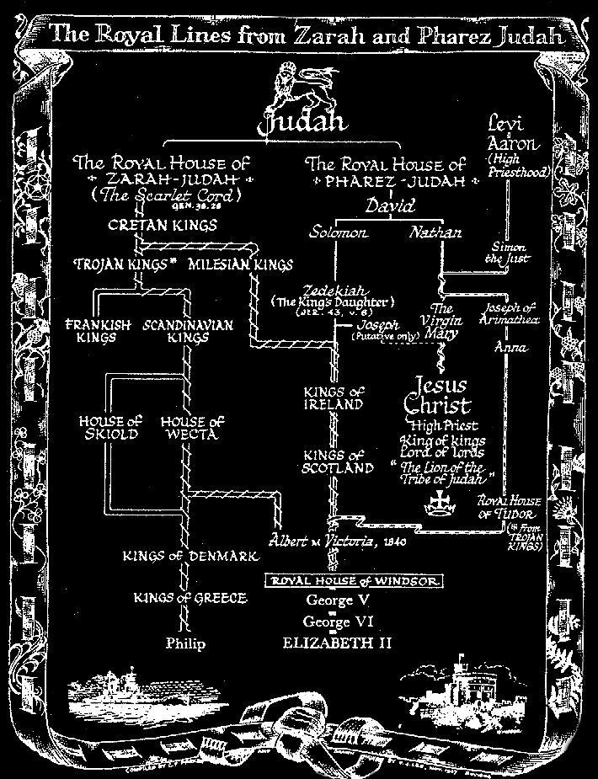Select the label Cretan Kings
[x=163, y=225]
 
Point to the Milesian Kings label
[x=240, y=264]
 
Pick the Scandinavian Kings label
[x=188, y=330]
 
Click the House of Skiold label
[x=109, y=427]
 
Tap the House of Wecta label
[x=192, y=427]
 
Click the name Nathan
[x=435, y=232]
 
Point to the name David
[x=389, y=205]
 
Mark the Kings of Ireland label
[x=334, y=398]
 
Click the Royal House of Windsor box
[x=354, y=581]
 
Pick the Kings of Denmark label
[x=184, y=557]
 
